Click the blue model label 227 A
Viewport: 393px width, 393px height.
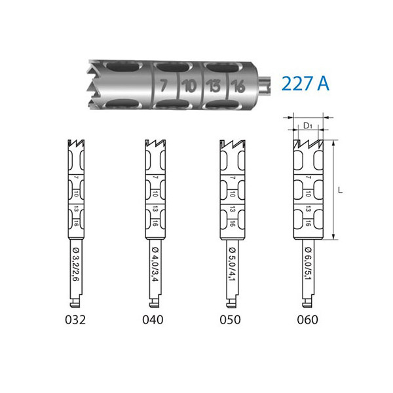(x=305, y=83)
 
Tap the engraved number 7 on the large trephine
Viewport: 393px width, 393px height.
(x=163, y=85)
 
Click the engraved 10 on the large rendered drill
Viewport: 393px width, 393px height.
(x=189, y=86)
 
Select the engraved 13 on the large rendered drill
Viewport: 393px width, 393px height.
(x=214, y=86)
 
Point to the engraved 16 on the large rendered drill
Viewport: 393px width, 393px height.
(x=238, y=86)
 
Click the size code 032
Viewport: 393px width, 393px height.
(x=75, y=320)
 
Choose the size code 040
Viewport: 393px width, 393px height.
(x=153, y=320)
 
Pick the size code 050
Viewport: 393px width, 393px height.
(x=230, y=320)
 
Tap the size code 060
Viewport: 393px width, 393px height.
(x=308, y=320)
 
